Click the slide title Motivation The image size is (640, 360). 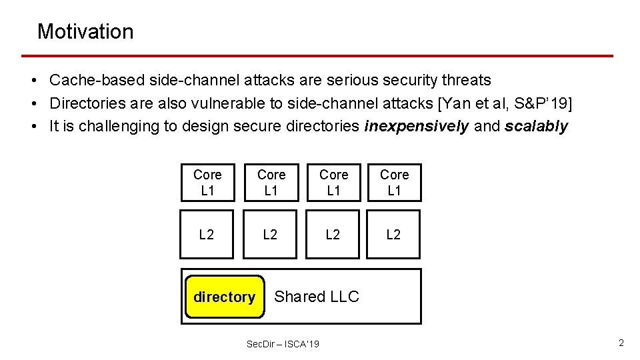click(85, 31)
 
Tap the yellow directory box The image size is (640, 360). click(224, 297)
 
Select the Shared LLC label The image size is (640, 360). click(317, 297)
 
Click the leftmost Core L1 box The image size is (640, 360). click(207, 183)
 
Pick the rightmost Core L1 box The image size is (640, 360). click(394, 183)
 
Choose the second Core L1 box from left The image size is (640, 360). click(271, 183)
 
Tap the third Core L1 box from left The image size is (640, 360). click(333, 183)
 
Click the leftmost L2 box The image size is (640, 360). click(207, 234)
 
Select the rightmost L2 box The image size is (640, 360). click(394, 234)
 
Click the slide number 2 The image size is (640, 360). click(621, 343)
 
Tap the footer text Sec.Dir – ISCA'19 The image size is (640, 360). click(283, 344)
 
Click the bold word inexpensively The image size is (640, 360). click(417, 127)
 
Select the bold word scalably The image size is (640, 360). click(536, 127)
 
